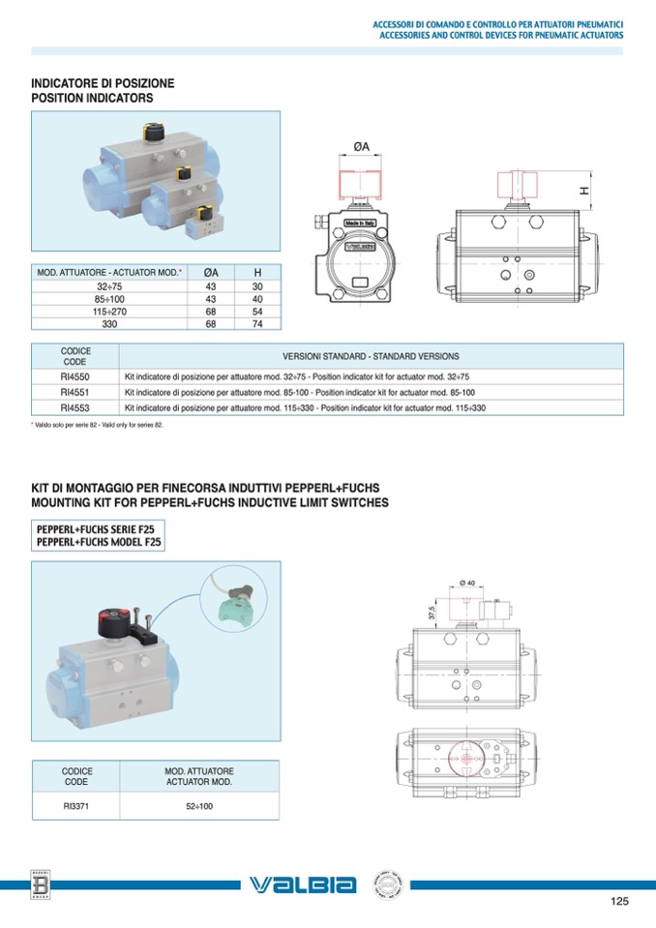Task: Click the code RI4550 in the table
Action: (x=75, y=376)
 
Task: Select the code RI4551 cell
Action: (x=75, y=392)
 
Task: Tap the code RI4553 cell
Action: (x=75, y=407)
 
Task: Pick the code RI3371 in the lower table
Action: (x=76, y=805)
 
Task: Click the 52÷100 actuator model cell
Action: (x=199, y=805)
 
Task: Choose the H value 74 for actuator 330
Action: (x=257, y=324)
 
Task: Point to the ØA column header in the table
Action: (x=210, y=273)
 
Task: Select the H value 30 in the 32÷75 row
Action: (x=257, y=286)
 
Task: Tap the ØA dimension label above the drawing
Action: (x=361, y=146)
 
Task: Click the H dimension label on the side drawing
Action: (x=584, y=191)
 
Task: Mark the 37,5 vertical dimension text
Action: (x=432, y=613)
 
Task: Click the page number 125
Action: (x=619, y=902)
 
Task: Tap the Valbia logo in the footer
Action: (x=303, y=884)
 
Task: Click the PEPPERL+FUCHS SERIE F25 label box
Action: (x=98, y=536)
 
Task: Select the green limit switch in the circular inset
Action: (x=235, y=606)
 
